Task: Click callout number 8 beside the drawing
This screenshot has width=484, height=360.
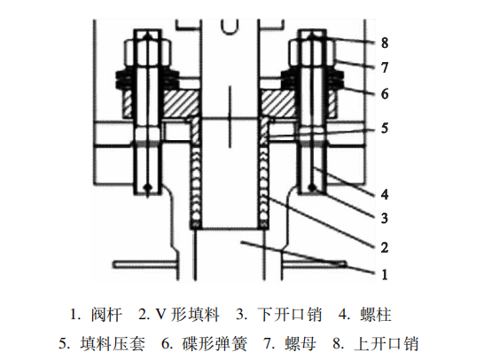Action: (x=385, y=43)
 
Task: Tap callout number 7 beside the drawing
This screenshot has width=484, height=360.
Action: (x=385, y=67)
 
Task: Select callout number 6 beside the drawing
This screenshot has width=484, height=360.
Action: (x=385, y=94)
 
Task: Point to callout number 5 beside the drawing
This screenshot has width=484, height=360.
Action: (x=385, y=128)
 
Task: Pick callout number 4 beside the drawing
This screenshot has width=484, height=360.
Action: (x=385, y=194)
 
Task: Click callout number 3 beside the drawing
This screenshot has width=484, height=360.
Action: (x=385, y=218)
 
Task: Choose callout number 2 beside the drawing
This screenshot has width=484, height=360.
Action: (x=385, y=247)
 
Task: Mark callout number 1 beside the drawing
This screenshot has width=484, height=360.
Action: (x=385, y=274)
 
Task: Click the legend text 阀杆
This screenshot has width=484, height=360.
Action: (x=106, y=315)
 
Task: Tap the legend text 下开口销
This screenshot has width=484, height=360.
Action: (x=290, y=315)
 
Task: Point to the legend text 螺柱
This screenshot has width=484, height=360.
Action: (x=376, y=315)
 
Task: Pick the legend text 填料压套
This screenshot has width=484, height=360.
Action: (x=113, y=343)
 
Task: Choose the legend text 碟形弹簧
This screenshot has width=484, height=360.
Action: (x=215, y=343)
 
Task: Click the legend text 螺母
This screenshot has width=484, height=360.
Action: (x=301, y=343)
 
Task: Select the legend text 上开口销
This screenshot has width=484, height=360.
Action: (x=386, y=343)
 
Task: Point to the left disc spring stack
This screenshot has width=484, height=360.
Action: (x=147, y=79)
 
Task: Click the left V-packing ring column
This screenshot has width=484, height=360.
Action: (x=196, y=186)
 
